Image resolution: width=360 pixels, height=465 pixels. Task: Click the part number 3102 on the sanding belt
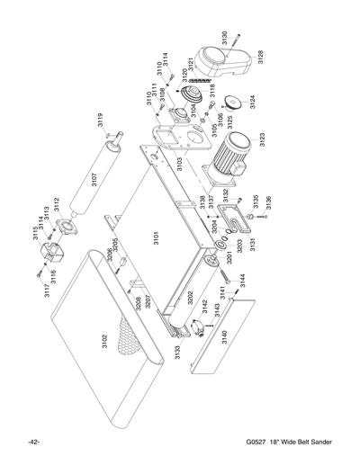click(105, 344)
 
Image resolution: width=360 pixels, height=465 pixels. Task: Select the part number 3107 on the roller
click(94, 179)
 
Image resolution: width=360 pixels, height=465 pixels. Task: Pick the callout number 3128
click(260, 57)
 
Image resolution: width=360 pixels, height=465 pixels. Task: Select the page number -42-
click(33, 443)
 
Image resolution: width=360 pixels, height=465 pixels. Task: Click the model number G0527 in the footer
click(257, 443)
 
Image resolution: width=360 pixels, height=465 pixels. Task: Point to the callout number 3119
click(101, 120)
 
